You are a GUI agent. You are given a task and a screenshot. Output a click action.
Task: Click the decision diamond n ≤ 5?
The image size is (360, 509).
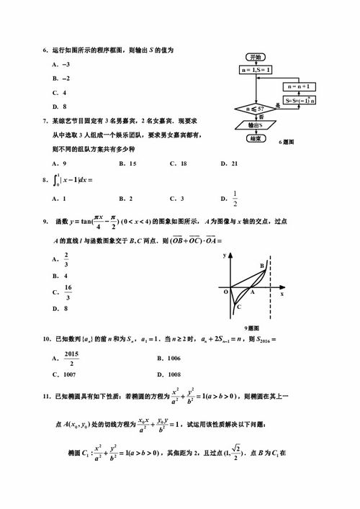tap(254, 109)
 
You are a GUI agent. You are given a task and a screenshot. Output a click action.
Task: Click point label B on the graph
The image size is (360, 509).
tap(262, 266)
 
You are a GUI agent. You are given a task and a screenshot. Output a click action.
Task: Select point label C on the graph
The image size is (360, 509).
tap(238, 307)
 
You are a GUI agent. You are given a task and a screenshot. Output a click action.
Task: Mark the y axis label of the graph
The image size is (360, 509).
tap(225, 256)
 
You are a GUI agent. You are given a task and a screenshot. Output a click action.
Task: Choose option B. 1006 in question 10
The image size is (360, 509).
tap(169, 358)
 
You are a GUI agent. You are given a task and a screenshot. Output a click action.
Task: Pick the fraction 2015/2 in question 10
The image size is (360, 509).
tap(70, 358)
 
